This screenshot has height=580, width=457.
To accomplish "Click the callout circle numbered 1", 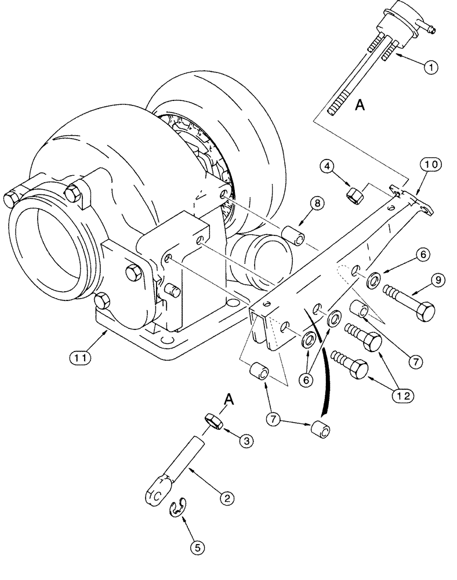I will pyautogui.click(x=430, y=68).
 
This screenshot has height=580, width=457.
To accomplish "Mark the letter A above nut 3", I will pyautogui.click(x=228, y=399).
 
